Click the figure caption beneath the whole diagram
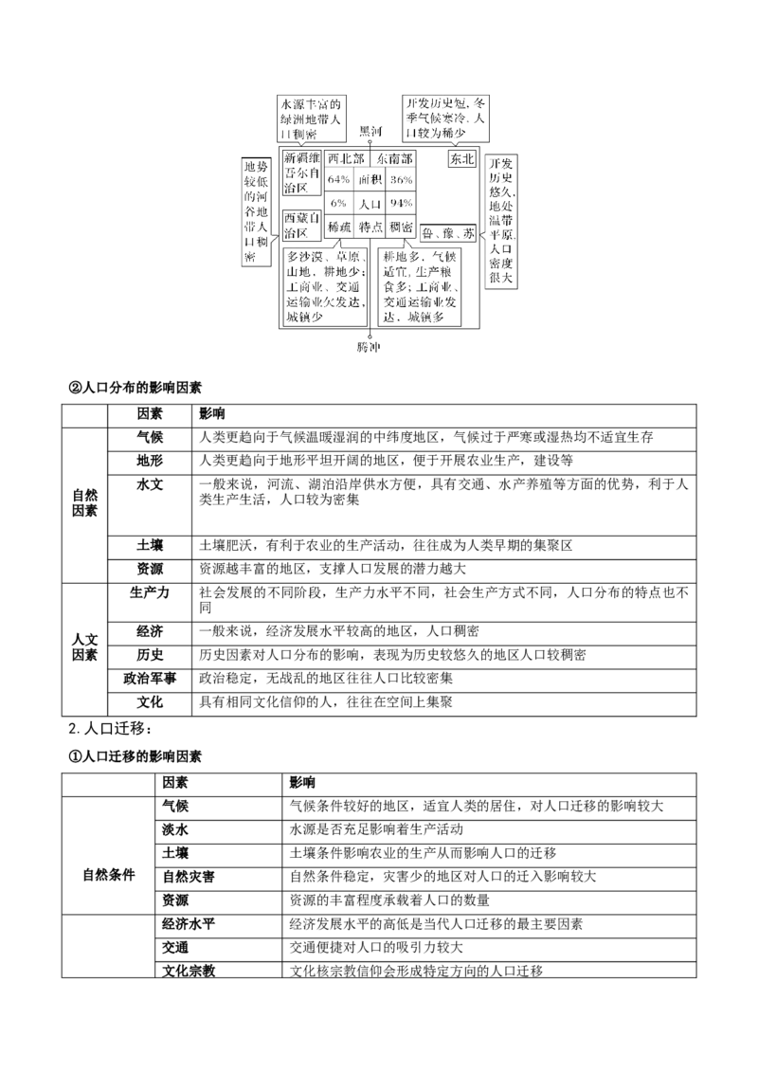click(x=368, y=349)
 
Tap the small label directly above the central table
click(x=369, y=129)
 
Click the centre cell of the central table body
click(x=370, y=204)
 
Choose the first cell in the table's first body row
click(x=338, y=179)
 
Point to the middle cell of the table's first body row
click(x=370, y=179)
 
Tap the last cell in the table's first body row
click(x=400, y=179)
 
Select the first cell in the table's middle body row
click(x=338, y=204)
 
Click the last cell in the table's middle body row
click(x=400, y=204)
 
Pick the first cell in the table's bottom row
click(x=338, y=227)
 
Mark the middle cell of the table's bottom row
click(x=370, y=227)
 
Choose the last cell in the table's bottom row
click(x=400, y=227)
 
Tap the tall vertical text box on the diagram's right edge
click(x=499, y=218)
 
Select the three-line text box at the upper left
click(x=310, y=118)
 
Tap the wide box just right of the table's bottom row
click(x=447, y=231)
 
